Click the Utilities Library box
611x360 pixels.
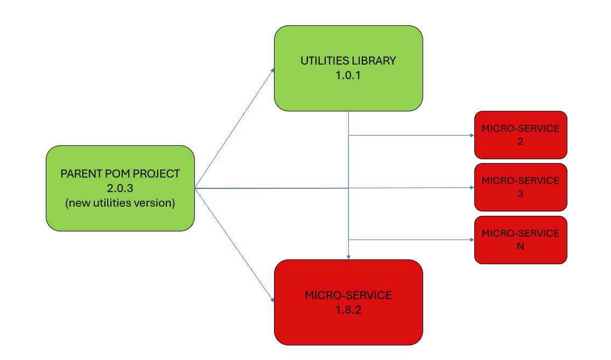coord(348,68)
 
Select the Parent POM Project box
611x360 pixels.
coord(120,188)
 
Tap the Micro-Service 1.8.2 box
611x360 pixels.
coord(348,302)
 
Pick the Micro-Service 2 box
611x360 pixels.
coord(521,135)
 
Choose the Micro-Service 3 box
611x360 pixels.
coord(521,187)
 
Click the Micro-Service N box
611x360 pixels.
coord(521,240)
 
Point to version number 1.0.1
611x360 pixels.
coord(348,75)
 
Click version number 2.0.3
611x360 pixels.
coord(120,188)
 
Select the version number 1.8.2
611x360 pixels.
coord(348,310)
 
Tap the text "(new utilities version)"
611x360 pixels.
coord(120,203)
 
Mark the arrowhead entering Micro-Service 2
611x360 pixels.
coord(472,135)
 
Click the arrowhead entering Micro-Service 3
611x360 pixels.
coord(472,187)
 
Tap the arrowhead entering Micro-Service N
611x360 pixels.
coord(472,239)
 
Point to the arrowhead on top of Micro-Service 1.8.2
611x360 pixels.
coord(348,257)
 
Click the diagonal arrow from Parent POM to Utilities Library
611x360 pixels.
coord(234,128)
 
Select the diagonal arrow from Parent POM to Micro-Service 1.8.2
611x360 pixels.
coord(234,245)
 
